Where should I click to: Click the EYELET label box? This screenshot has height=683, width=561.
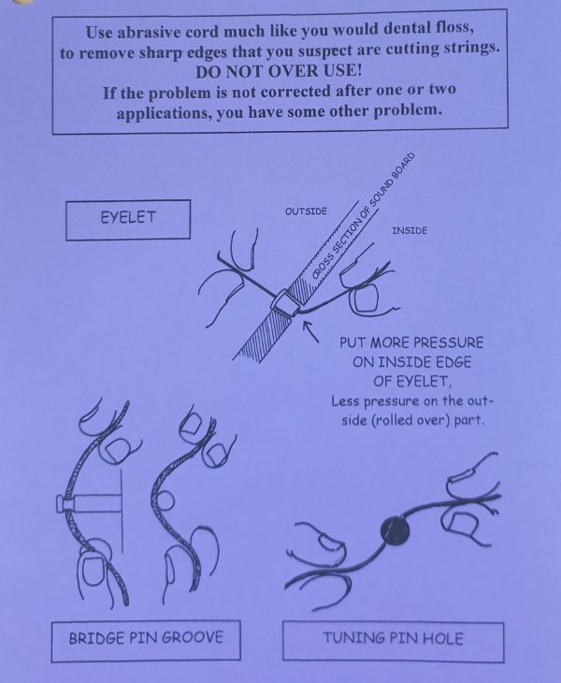pyautogui.click(x=127, y=218)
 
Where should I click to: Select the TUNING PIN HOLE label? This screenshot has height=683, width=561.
pyautogui.click(x=393, y=639)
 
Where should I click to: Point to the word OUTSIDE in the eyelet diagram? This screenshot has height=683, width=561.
pyautogui.click(x=306, y=211)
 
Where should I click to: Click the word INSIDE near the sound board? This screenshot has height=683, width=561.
pyautogui.click(x=409, y=231)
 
